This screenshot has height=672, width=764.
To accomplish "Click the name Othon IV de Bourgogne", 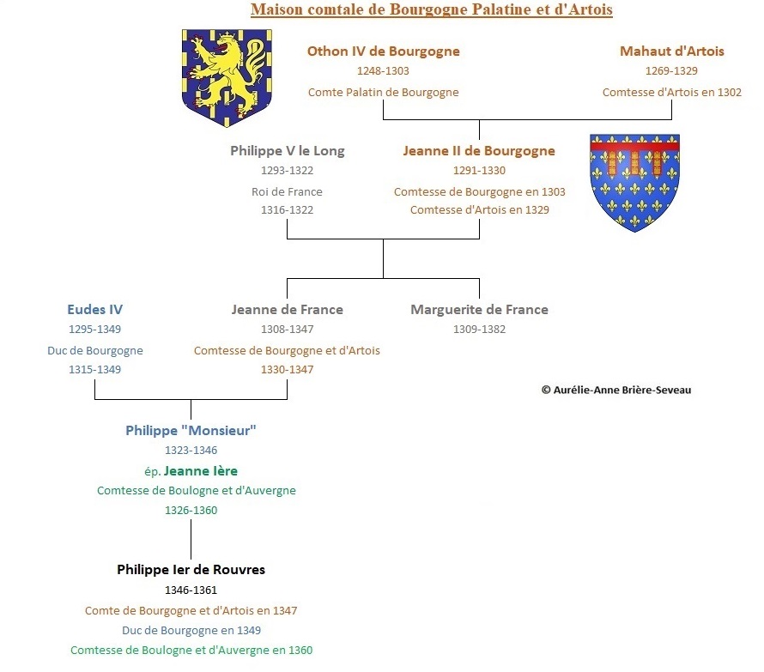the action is tap(384, 51).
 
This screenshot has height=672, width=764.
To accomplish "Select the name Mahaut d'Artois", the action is tap(672, 51).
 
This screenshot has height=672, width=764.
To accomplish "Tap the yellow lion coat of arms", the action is tap(227, 78).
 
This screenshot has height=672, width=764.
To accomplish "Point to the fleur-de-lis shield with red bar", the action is tap(634, 183).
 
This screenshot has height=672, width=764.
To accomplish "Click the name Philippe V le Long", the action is tap(288, 151).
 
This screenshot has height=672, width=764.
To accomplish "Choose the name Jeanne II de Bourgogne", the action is tap(479, 151).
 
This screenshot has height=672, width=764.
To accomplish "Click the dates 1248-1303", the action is tap(383, 71).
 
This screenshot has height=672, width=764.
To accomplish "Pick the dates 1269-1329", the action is tap(671, 71).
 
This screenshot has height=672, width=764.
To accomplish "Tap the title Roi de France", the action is tap(287, 192).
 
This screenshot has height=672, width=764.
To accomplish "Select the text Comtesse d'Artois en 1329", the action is tap(480, 210).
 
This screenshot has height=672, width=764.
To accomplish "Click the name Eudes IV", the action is tap(95, 310).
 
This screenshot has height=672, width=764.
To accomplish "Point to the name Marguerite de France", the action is tap(480, 310).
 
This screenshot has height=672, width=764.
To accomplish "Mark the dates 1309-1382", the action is tap(480, 330).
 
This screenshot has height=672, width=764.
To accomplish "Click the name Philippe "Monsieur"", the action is tap(191, 431).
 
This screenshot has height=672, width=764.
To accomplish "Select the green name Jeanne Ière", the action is tap(201, 471).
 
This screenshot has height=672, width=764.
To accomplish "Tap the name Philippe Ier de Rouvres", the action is tap(191, 570).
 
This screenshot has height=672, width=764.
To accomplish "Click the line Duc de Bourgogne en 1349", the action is tap(191, 631).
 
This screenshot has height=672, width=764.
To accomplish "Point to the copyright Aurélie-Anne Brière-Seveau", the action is tap(616, 390).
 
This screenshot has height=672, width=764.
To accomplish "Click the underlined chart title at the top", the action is tap(432, 9).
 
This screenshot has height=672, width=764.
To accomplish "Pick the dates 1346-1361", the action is tap(191, 590).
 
